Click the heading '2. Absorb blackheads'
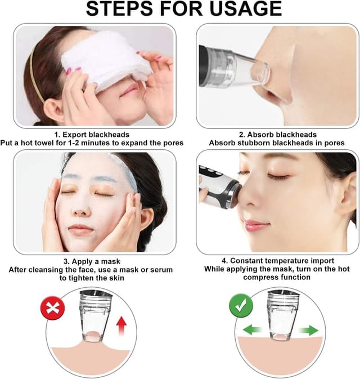click(x=271, y=135)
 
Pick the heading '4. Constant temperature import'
click(x=270, y=261)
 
